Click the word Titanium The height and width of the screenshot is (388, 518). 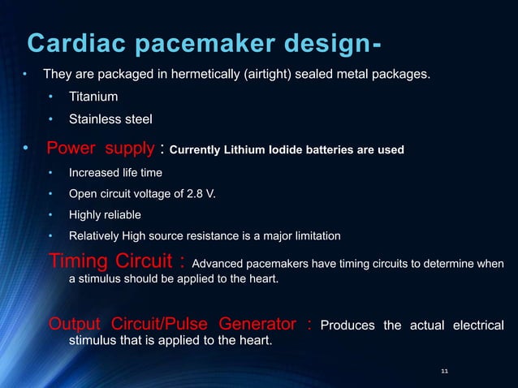(x=93, y=97)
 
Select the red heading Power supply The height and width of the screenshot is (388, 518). (x=101, y=149)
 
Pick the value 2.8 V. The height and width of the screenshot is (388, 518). (x=200, y=194)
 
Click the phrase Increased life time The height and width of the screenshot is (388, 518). (x=115, y=173)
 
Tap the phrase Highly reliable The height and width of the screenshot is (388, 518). (x=105, y=215)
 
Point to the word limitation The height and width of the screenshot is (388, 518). (x=315, y=236)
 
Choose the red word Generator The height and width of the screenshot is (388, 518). (x=252, y=325)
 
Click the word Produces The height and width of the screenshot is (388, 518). (x=348, y=326)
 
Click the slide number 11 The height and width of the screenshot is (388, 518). (x=444, y=371)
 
